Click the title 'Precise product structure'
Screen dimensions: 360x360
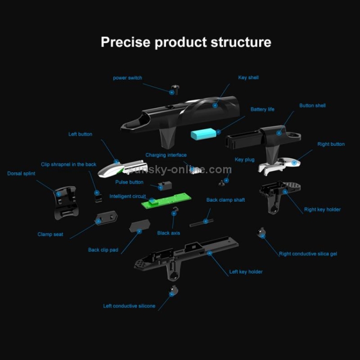click(186, 42)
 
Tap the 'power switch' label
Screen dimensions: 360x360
click(127, 78)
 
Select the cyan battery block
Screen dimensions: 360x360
click(204, 134)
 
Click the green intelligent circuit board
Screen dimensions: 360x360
click(166, 200)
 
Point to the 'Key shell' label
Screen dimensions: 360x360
click(248, 77)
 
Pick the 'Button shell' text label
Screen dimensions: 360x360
click(312, 106)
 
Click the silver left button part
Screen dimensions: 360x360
click(122, 168)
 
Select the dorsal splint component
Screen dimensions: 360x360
click(65, 203)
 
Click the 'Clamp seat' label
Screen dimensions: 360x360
click(50, 234)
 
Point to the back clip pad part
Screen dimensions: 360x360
click(140, 226)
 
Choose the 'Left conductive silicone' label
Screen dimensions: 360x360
click(129, 306)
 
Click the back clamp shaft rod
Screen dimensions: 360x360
click(201, 223)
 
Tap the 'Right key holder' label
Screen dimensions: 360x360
click(322, 209)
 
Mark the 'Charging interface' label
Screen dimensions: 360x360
click(166, 155)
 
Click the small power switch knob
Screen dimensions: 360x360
click(175, 90)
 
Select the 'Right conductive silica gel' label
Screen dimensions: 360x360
click(308, 254)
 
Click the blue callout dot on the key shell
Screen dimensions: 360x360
click(215, 106)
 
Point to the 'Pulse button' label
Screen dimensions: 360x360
click(129, 182)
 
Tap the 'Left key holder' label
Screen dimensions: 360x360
click(246, 272)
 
